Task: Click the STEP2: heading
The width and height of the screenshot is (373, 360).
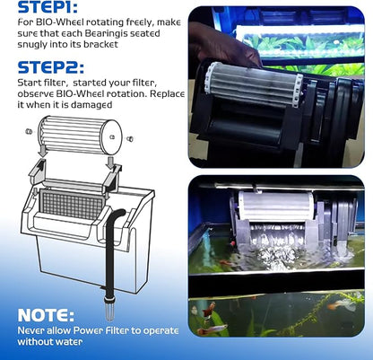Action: (51, 67)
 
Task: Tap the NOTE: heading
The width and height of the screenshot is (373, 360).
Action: (46, 314)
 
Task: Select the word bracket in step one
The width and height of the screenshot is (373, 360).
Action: (100, 44)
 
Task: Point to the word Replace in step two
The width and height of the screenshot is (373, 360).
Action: (167, 93)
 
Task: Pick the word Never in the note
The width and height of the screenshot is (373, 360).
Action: (29, 330)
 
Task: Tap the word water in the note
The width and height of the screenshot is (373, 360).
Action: (70, 341)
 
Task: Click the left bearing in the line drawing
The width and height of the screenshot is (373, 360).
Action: (29, 131)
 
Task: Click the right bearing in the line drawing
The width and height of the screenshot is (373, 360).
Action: (130, 139)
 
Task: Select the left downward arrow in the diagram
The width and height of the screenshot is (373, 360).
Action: (43, 150)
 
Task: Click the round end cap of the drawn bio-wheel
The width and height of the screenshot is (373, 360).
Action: (111, 137)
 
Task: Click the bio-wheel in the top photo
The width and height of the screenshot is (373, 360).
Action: (254, 83)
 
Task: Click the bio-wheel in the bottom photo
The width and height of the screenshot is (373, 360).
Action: (276, 206)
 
